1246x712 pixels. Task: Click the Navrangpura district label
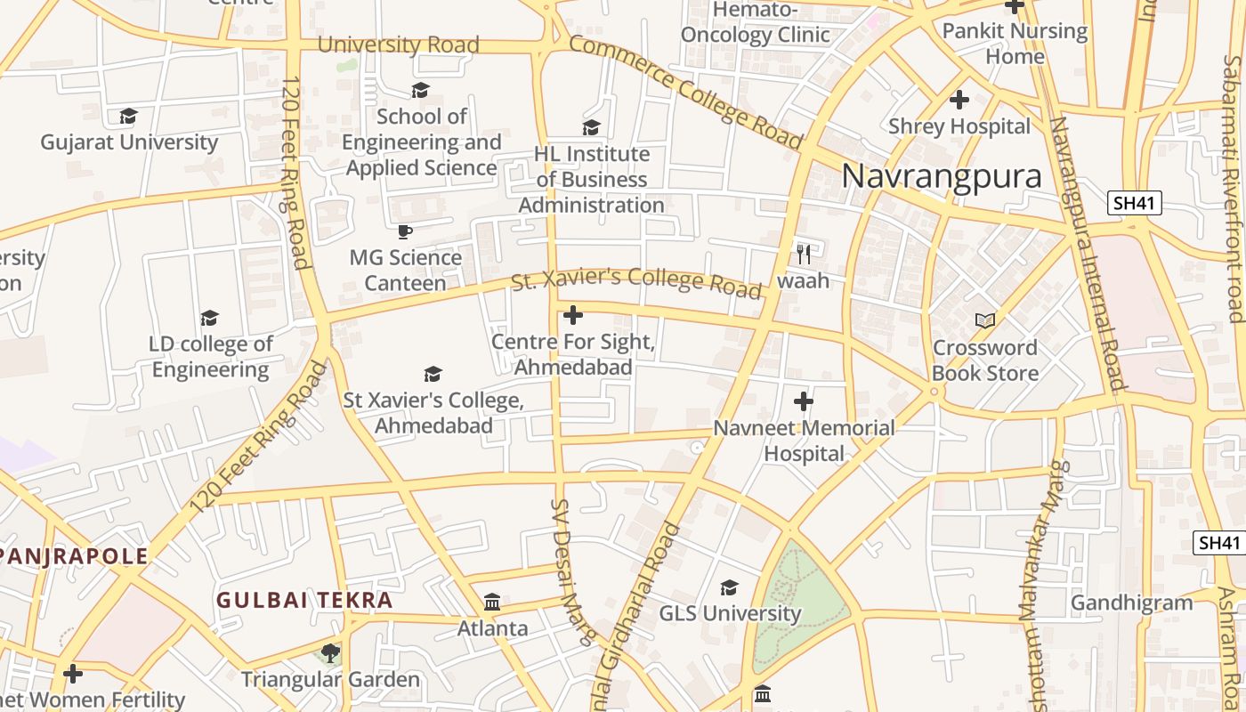(x=942, y=176)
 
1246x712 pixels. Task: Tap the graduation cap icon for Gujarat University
(x=129, y=117)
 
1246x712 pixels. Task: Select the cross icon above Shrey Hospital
(x=959, y=100)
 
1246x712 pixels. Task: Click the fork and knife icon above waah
(x=804, y=255)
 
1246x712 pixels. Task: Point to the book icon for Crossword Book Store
(x=984, y=321)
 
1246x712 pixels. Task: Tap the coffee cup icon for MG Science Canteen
(x=405, y=232)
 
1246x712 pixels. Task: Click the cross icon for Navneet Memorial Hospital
(x=804, y=401)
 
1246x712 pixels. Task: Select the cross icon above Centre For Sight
(x=573, y=315)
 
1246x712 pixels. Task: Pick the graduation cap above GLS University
(x=730, y=587)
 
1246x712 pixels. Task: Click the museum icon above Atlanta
(x=492, y=603)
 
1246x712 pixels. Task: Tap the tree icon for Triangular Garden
(x=330, y=654)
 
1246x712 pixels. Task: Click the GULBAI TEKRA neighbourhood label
(x=304, y=600)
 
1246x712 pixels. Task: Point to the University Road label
(x=398, y=44)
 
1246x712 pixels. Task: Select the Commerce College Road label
(x=685, y=92)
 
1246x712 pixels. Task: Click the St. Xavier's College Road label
(x=636, y=282)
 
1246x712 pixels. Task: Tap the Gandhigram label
(x=1131, y=603)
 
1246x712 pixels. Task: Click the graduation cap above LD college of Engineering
(x=210, y=318)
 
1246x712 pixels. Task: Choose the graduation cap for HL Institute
(x=591, y=128)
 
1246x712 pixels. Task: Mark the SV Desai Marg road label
(x=570, y=570)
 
